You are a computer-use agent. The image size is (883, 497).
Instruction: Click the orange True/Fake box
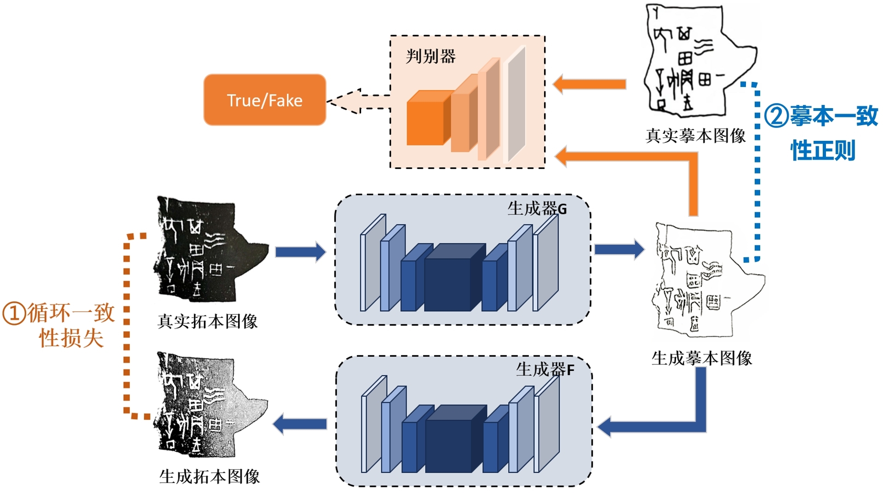point(264,100)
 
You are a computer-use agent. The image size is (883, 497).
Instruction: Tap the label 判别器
point(430,57)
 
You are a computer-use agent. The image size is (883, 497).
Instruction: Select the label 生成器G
point(537,208)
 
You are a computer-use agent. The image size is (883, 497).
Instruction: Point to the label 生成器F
point(545,369)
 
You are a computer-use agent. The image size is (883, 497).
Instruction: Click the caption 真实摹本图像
point(695,135)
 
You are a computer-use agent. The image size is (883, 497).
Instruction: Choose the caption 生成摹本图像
point(701,358)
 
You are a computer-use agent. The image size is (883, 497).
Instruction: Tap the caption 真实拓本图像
point(207,321)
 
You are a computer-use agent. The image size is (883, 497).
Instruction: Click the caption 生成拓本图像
point(209,476)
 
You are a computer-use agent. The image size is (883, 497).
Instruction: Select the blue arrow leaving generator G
point(619,249)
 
